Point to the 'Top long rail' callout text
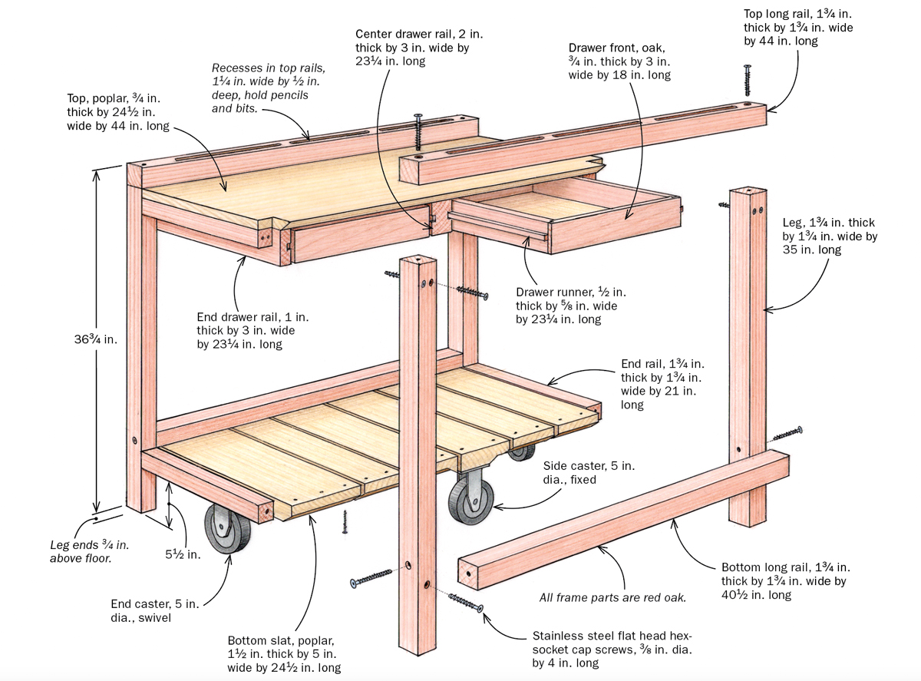[x=798, y=28]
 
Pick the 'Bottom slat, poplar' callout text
[x=284, y=654]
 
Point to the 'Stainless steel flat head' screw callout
[x=612, y=650]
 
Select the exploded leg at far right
[x=748, y=353]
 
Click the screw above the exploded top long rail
[x=746, y=81]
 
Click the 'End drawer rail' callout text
[x=245, y=330]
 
